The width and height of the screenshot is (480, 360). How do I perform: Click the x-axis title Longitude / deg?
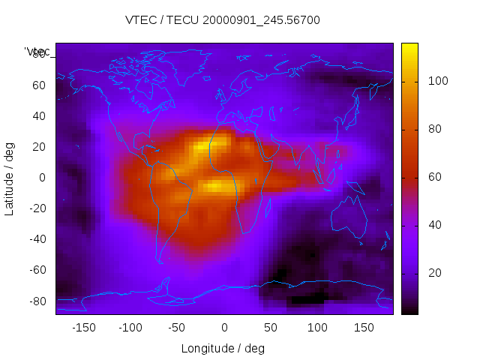(223, 348)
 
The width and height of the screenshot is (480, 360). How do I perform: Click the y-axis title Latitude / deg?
(10, 177)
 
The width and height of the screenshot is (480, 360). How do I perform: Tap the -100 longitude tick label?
(130, 327)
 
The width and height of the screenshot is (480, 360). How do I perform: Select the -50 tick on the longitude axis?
(177, 327)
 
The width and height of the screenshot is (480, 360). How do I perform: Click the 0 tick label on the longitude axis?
(224, 327)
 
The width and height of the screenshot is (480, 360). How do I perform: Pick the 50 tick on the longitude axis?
(271, 327)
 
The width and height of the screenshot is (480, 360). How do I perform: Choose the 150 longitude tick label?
(364, 327)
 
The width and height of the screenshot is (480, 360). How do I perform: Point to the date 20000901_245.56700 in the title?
(257, 20)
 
